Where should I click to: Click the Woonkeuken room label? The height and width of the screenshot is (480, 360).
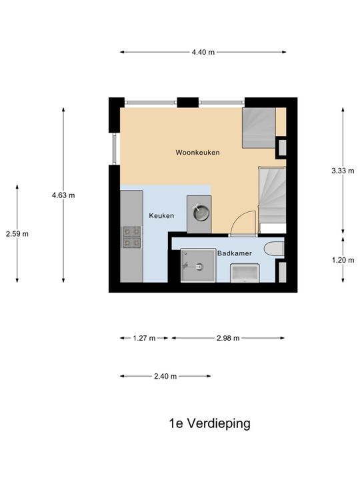[x=198, y=153]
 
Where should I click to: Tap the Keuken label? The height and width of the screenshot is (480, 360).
[x=161, y=215]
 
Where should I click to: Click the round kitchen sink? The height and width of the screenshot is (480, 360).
[x=199, y=214]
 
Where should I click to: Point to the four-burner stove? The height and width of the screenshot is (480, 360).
[x=132, y=237]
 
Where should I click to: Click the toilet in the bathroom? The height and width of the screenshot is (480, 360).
[x=274, y=249]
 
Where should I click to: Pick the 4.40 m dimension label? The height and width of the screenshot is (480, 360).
[x=203, y=52]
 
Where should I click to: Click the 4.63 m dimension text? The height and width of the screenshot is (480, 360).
[x=63, y=195]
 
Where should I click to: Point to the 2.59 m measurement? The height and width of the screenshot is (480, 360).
[x=17, y=233]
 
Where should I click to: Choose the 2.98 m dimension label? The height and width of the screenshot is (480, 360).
[x=229, y=338]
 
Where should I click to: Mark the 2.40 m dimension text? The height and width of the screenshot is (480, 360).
[x=165, y=376]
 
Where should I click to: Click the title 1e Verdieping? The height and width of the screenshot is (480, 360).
[x=209, y=423]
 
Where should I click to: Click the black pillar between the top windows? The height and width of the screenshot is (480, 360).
[x=188, y=103]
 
